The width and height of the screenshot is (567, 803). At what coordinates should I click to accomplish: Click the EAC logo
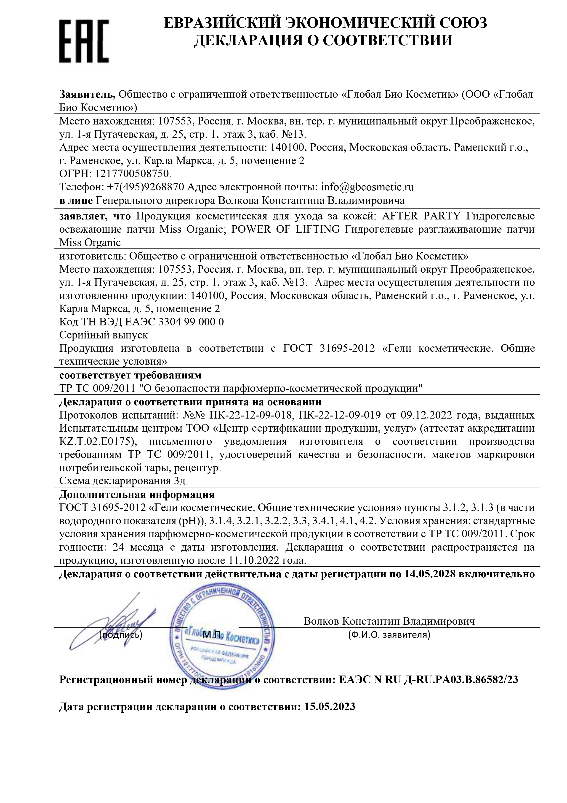point(84,41)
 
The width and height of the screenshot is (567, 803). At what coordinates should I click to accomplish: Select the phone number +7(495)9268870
point(145,187)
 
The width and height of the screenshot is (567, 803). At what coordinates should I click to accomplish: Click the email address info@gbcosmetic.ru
point(367,187)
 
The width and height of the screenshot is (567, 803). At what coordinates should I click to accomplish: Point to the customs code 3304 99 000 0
point(191,322)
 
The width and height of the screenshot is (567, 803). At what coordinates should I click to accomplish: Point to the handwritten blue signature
point(112,626)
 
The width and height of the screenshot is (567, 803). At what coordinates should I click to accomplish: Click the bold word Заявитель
point(87,95)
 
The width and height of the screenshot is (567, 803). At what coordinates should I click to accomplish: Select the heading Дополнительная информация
point(137,495)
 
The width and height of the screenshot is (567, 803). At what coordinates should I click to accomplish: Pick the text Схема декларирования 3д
point(124,481)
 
